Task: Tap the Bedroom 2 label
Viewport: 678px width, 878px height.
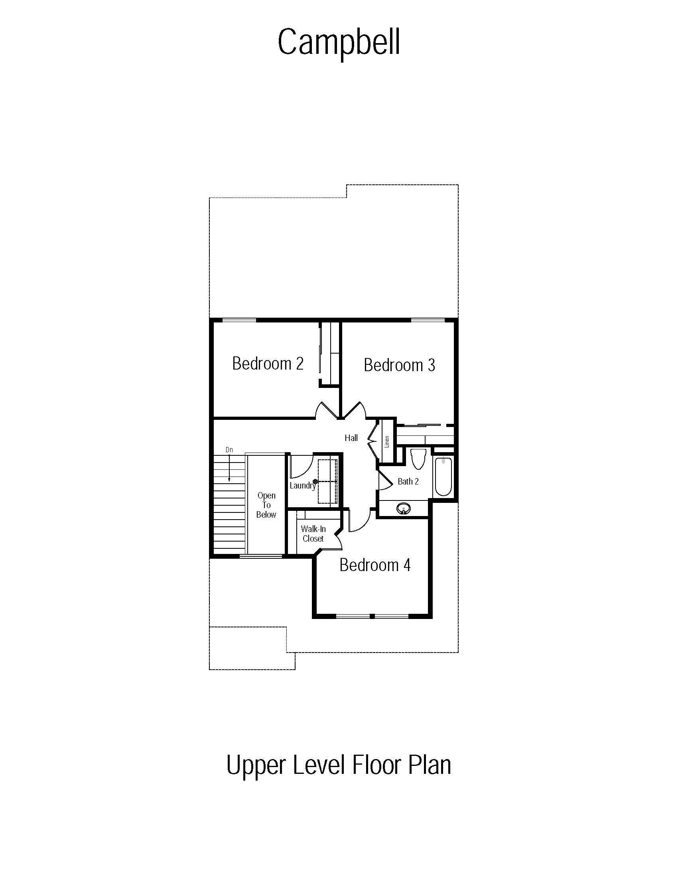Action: (268, 364)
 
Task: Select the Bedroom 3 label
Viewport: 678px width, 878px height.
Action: (399, 365)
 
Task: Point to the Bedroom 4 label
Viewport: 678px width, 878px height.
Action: (375, 565)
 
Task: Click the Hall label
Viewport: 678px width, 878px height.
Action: (351, 438)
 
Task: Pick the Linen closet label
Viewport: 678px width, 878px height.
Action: (387, 441)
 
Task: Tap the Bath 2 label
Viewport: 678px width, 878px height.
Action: (408, 481)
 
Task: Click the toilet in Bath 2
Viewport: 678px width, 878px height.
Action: (418, 459)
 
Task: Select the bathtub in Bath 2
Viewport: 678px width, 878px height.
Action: (443, 476)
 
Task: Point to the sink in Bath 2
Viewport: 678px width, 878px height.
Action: (404, 509)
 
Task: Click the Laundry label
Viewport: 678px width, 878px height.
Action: (303, 486)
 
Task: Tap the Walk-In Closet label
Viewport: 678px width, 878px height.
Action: (313, 534)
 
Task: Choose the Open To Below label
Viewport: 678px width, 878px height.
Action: (266, 505)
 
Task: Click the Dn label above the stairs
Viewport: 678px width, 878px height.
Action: (229, 450)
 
